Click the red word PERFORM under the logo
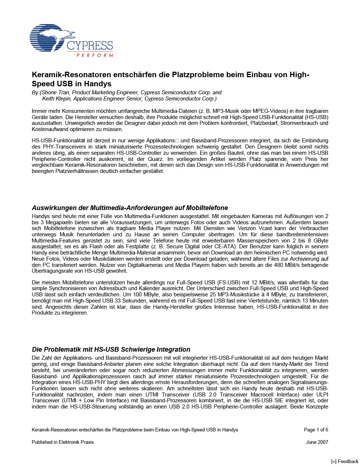tap(95, 55)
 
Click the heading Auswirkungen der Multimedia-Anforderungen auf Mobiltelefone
tap(130, 208)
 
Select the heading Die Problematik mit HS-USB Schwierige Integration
tap(111, 349)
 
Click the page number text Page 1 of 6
tap(316, 430)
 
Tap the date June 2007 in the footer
tap(317, 442)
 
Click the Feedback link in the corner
tap(345, 461)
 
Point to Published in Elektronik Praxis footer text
tap(63, 442)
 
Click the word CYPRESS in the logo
tap(90, 46)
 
